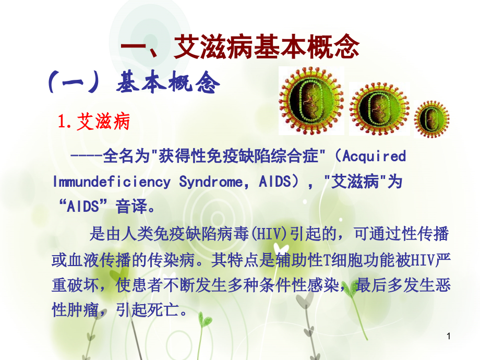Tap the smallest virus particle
431,118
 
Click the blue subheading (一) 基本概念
134,83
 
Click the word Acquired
375,156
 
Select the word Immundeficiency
111,182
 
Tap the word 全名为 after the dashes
123,156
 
